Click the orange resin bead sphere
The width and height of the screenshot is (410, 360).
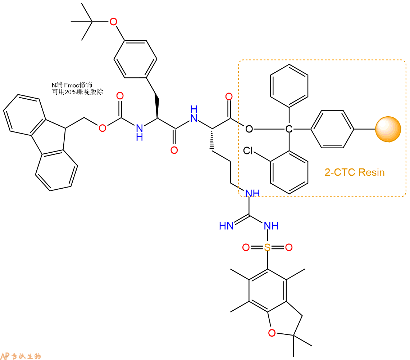[x=388, y=129]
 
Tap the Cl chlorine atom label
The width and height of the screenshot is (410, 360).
[x=248, y=150]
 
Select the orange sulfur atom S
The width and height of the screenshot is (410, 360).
[x=267, y=247]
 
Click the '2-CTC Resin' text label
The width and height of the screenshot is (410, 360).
[x=355, y=172]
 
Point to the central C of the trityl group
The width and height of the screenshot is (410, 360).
[x=289, y=129]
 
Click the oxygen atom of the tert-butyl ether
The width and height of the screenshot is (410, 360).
[x=113, y=22]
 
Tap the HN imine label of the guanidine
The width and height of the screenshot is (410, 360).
[x=227, y=226]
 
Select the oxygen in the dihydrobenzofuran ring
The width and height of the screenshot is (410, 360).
[x=272, y=333]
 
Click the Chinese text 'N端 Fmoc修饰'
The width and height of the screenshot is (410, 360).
[x=72, y=85]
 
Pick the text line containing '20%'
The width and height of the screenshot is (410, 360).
[x=77, y=92]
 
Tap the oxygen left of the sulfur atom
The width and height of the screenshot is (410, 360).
[x=246, y=247]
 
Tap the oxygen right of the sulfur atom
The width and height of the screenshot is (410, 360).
[x=289, y=247]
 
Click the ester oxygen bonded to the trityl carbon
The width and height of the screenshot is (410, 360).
[x=249, y=129]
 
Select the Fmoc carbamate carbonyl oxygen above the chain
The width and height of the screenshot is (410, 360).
[x=120, y=96]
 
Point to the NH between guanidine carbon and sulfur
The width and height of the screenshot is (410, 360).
[x=271, y=226]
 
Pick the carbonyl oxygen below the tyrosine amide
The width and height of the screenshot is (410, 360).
[x=174, y=150]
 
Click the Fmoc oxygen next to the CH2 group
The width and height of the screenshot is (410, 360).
[x=102, y=128]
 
